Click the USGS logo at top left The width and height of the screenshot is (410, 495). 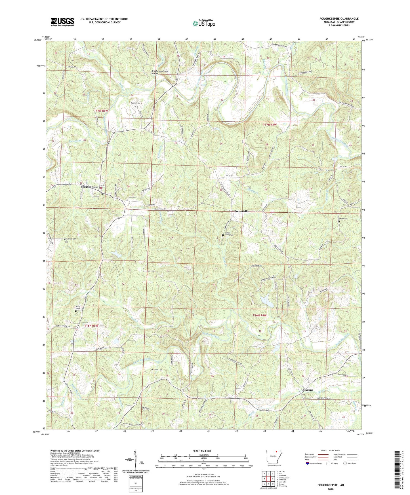coord(62,22)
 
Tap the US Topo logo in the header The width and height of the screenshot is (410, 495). coord(203,23)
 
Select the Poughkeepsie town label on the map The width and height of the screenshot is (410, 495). coord(89,187)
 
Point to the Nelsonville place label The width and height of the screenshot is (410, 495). coord(242,211)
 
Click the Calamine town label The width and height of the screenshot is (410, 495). coord(307,390)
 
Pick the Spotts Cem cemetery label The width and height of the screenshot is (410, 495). coord(135,103)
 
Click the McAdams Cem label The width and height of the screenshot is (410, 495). coord(156,370)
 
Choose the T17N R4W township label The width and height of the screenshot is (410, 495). coord(270,124)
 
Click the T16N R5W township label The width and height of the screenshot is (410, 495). coord(91,326)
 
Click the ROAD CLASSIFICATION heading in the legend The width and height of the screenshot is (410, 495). coord(331,450)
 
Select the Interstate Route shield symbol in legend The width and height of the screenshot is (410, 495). coord(308,463)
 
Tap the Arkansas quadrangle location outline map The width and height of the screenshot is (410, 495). coord(274,456)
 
